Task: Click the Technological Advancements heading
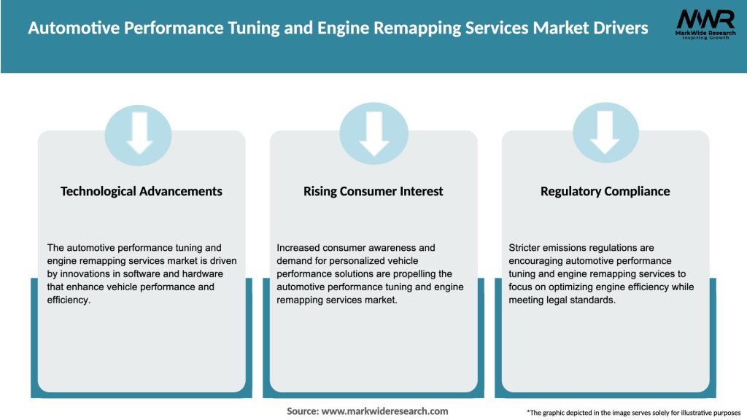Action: pos(142,191)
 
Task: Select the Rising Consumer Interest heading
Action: pos(373,191)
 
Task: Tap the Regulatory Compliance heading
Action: pos(605,191)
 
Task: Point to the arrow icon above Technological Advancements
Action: pos(139,134)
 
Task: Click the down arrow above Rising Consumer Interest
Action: pos(373,134)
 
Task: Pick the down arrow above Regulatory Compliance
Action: pos(605,134)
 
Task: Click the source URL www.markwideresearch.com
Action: pos(384,411)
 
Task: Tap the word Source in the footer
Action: pos(302,411)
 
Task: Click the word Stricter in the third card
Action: pos(527,248)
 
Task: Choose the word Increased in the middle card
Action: pos(299,248)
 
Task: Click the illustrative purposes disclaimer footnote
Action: pos(633,413)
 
